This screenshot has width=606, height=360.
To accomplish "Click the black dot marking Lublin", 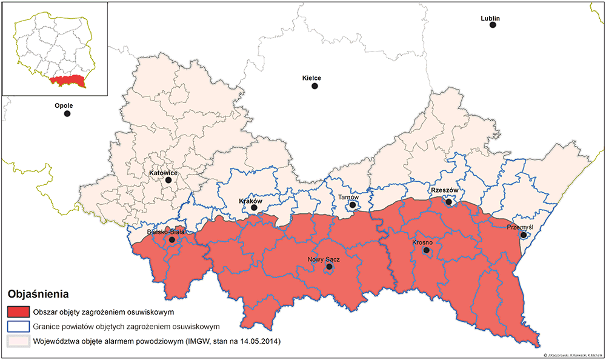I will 493,25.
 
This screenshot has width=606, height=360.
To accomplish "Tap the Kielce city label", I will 311,78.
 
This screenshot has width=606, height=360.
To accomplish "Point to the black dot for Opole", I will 67,113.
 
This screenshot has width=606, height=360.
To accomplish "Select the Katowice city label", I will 163,173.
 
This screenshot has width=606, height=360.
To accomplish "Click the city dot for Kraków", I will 255,208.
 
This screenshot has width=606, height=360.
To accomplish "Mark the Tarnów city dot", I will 351,206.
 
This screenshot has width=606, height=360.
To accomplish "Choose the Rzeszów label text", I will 447,190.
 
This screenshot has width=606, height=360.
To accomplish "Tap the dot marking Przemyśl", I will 523,235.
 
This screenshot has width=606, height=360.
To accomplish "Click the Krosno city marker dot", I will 426,250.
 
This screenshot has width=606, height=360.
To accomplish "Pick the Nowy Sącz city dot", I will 329,267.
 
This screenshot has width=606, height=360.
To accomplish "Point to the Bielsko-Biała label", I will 165,232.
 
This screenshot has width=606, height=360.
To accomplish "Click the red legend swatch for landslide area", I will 19,313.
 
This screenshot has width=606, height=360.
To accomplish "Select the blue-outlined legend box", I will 19,327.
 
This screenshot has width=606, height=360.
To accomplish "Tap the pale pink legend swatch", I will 19,341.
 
